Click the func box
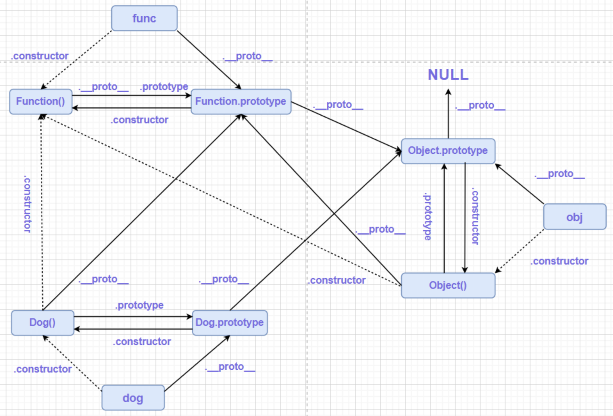(x=144, y=18)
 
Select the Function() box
(x=41, y=101)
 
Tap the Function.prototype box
(x=241, y=101)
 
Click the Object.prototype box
(x=448, y=150)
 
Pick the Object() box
(x=448, y=285)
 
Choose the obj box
(x=574, y=217)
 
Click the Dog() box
(x=42, y=322)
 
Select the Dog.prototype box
(x=229, y=322)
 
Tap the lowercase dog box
(x=133, y=398)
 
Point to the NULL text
(x=448, y=75)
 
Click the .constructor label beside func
(x=40, y=56)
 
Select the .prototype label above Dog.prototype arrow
(x=139, y=305)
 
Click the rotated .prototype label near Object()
(x=427, y=216)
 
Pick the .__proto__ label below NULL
(x=480, y=105)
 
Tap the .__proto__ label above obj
(x=559, y=174)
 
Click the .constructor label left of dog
(x=43, y=369)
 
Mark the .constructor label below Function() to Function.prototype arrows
(x=139, y=120)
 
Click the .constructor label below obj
(x=559, y=261)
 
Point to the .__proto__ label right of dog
(x=230, y=366)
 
